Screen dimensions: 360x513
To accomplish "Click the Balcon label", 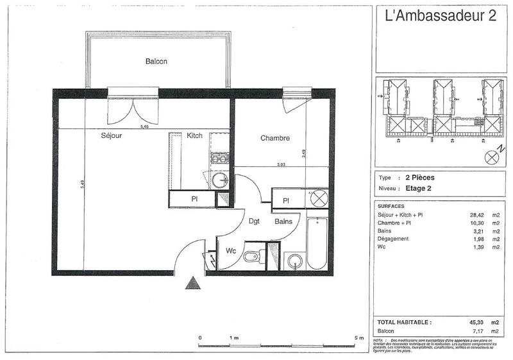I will point(156,62).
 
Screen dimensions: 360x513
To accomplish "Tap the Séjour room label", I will point(112,136).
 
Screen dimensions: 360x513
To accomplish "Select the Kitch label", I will point(195,136).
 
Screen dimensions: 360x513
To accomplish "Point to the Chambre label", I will point(275,138).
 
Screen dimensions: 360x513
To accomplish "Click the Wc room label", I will point(230,252).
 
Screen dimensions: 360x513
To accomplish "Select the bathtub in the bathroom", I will point(317,244).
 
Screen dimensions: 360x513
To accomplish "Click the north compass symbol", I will point(493,155).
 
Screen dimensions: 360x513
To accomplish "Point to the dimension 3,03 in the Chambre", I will point(280,164).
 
